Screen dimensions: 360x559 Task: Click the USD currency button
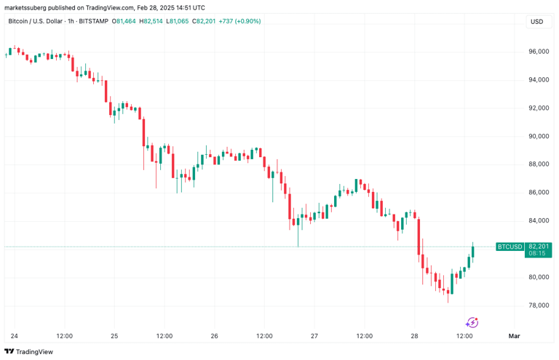click(x=536, y=21)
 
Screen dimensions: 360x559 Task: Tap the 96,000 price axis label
click(x=538, y=52)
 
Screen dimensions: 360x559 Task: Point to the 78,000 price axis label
click(x=538, y=305)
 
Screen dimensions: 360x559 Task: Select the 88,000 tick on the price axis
click(x=538, y=164)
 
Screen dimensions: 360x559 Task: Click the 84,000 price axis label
click(x=538, y=221)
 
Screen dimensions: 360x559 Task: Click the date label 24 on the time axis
click(x=14, y=336)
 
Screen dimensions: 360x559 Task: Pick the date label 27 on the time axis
click(x=314, y=336)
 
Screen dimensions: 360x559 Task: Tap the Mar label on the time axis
click(x=515, y=336)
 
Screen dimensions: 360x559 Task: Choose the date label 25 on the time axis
click(x=114, y=336)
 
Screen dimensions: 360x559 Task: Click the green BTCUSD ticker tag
click(x=509, y=247)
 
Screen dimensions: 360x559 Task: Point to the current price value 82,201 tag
click(x=539, y=247)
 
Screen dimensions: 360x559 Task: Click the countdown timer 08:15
click(x=539, y=254)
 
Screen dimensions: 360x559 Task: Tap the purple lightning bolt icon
click(x=472, y=322)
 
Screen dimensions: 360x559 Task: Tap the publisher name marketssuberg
click(x=27, y=7)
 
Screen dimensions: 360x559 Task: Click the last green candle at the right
click(x=473, y=251)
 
